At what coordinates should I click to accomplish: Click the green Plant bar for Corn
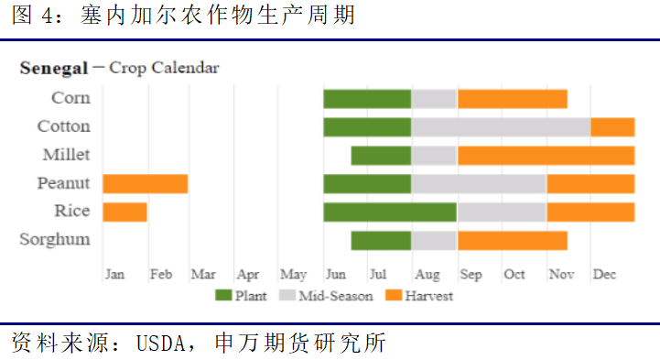point(366,99)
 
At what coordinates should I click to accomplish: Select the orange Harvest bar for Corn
point(512,99)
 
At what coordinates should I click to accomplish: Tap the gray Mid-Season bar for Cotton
point(500,127)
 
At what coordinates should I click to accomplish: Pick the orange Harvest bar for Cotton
point(612,127)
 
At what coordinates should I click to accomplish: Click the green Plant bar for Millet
point(381,156)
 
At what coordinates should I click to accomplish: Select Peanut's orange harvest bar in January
point(145,183)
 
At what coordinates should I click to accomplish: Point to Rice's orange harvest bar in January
point(124,212)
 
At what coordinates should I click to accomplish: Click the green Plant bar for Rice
point(389,212)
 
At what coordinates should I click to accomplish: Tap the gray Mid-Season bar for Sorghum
point(434,240)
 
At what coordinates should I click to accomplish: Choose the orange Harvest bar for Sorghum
point(512,240)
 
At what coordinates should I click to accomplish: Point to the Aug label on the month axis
point(427,274)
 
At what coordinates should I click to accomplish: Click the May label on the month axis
point(293,274)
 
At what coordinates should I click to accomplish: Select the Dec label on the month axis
point(604,274)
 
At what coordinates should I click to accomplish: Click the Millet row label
point(66,155)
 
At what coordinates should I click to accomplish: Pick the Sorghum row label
point(55,240)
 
